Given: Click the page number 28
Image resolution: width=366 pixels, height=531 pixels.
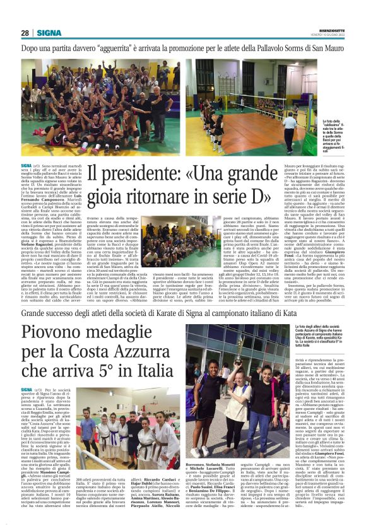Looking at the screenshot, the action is (x=25, y=33).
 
